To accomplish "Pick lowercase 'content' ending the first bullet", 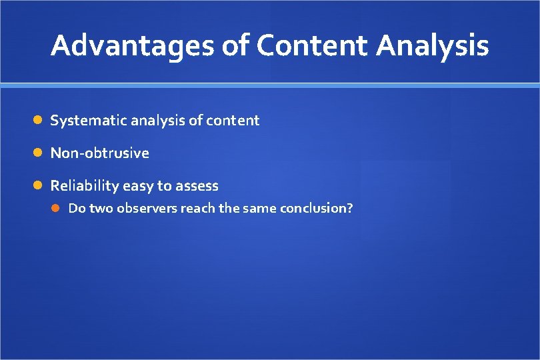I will tap(233, 121).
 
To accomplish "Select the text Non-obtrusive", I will tap(100, 153).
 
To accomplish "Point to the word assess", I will tap(197, 186).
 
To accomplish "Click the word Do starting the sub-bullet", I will tap(77, 209).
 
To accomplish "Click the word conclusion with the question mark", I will tap(316, 209).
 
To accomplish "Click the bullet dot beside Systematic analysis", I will tap(39, 121).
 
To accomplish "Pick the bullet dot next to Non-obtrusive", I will tap(39, 153).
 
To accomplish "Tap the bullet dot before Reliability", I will tap(39, 186).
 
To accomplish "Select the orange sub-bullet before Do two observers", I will tap(57, 209).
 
